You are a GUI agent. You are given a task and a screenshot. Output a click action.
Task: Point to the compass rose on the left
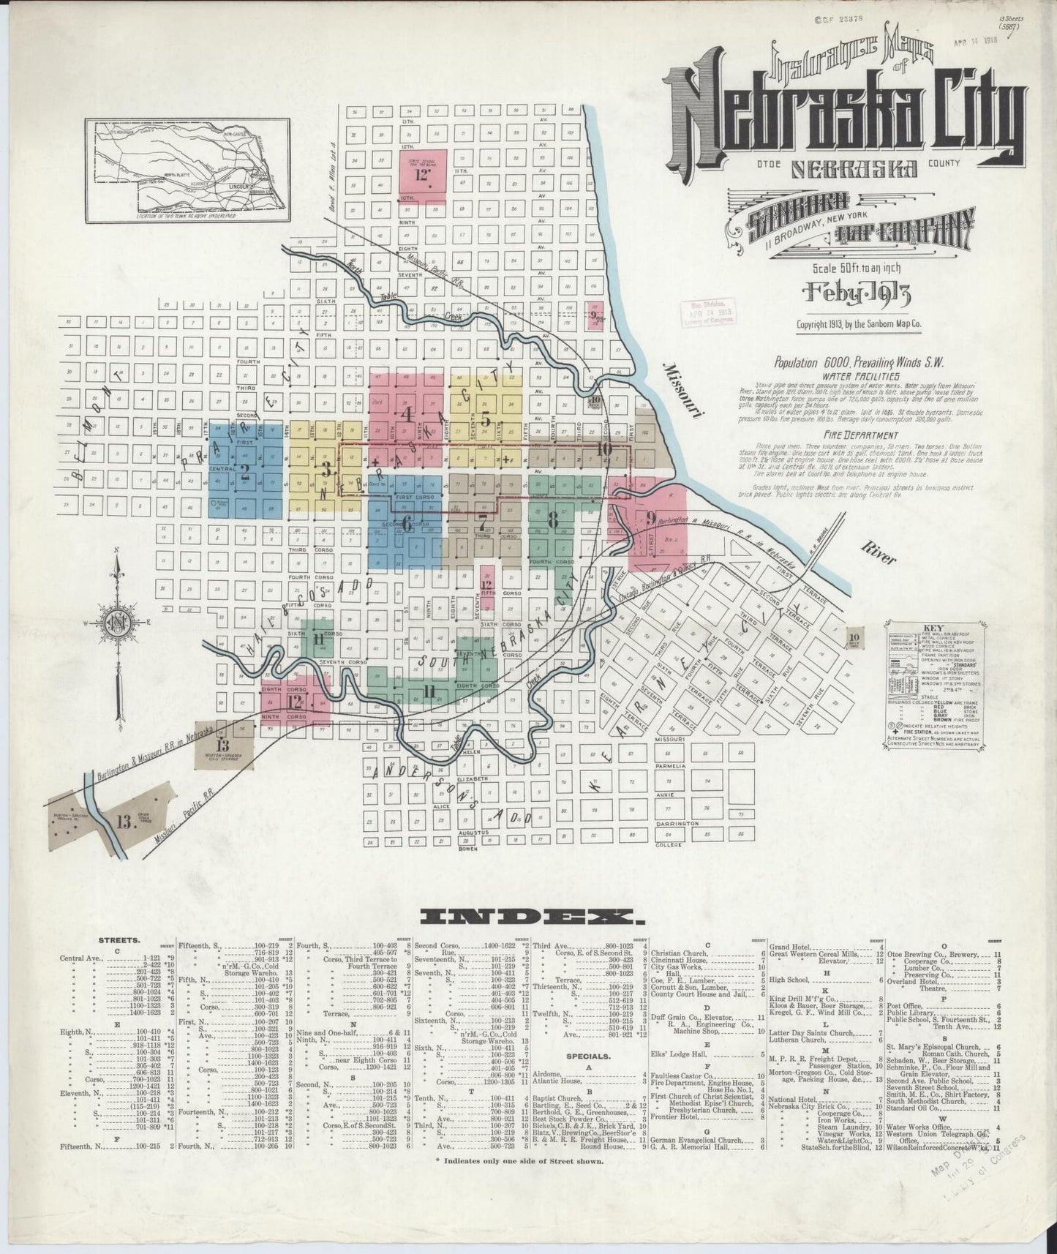click(117, 622)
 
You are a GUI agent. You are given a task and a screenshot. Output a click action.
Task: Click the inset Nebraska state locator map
click(187, 171)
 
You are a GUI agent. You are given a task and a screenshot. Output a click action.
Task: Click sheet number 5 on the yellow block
click(485, 419)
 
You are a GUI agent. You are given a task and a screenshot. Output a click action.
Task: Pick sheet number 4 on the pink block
click(407, 413)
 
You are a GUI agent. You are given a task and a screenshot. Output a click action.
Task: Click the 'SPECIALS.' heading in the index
click(588, 1056)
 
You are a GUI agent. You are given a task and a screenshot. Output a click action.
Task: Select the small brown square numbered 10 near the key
click(854, 639)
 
